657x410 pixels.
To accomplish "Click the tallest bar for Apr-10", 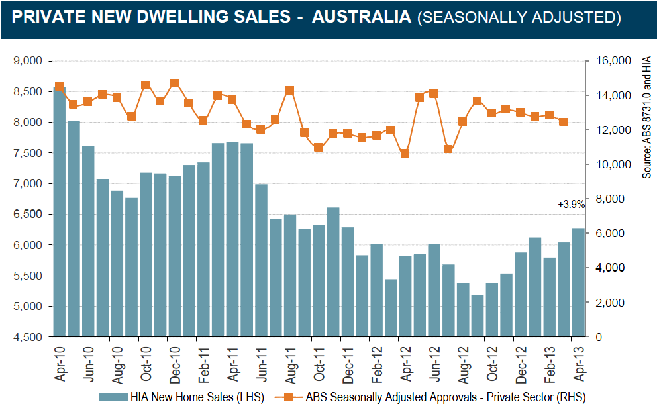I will (x=59, y=212).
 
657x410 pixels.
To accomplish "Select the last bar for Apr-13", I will (x=578, y=282).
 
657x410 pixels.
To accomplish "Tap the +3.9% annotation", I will (x=571, y=205).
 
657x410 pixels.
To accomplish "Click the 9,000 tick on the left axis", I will (x=28, y=61).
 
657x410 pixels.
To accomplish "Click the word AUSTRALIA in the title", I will (x=362, y=17).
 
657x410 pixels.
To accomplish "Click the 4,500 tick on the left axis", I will (x=28, y=337).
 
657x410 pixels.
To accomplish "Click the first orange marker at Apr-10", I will (x=59, y=87).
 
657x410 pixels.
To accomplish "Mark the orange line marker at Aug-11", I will (x=289, y=90).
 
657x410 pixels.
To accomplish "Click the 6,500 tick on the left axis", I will (x=28, y=214).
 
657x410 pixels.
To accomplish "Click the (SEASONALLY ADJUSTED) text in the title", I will (x=519, y=17).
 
